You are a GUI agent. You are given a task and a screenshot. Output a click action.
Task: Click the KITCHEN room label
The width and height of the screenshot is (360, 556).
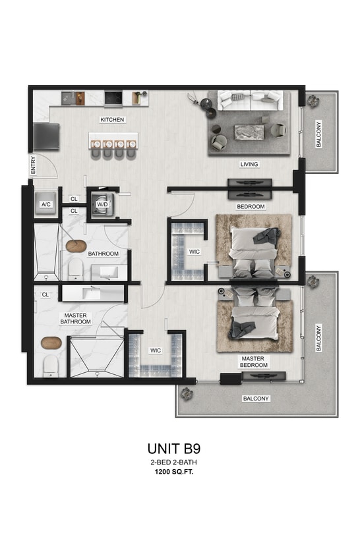click(112, 120)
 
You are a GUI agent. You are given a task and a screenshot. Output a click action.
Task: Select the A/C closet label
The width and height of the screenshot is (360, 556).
click(45, 204)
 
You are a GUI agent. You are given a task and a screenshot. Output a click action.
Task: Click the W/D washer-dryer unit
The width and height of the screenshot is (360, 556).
click(102, 203)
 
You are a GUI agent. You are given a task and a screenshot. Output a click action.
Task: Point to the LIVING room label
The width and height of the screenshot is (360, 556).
click(249, 164)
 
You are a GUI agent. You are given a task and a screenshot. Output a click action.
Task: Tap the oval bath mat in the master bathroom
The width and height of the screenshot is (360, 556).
click(51, 343)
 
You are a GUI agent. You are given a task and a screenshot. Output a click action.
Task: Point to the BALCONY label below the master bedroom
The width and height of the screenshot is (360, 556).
click(256, 399)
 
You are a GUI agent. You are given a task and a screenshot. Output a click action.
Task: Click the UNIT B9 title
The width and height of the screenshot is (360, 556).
click(174, 449)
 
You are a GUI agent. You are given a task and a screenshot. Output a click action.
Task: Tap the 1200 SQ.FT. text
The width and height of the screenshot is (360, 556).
click(174, 473)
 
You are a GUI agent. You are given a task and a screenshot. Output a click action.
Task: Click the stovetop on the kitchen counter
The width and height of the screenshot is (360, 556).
click(113, 98)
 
